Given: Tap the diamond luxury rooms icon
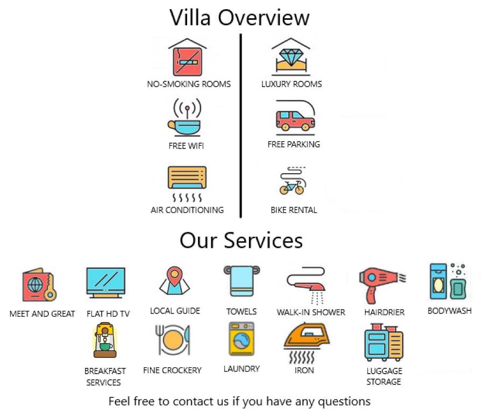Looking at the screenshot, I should (x=292, y=57).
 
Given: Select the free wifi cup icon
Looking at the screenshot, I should (x=186, y=119).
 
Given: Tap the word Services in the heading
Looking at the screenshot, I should (x=264, y=240).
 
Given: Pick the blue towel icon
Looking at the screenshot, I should (x=241, y=281).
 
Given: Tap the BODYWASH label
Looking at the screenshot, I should (x=449, y=310).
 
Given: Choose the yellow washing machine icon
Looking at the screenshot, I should (x=241, y=339).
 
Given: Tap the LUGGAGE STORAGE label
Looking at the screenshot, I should (x=384, y=376).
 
